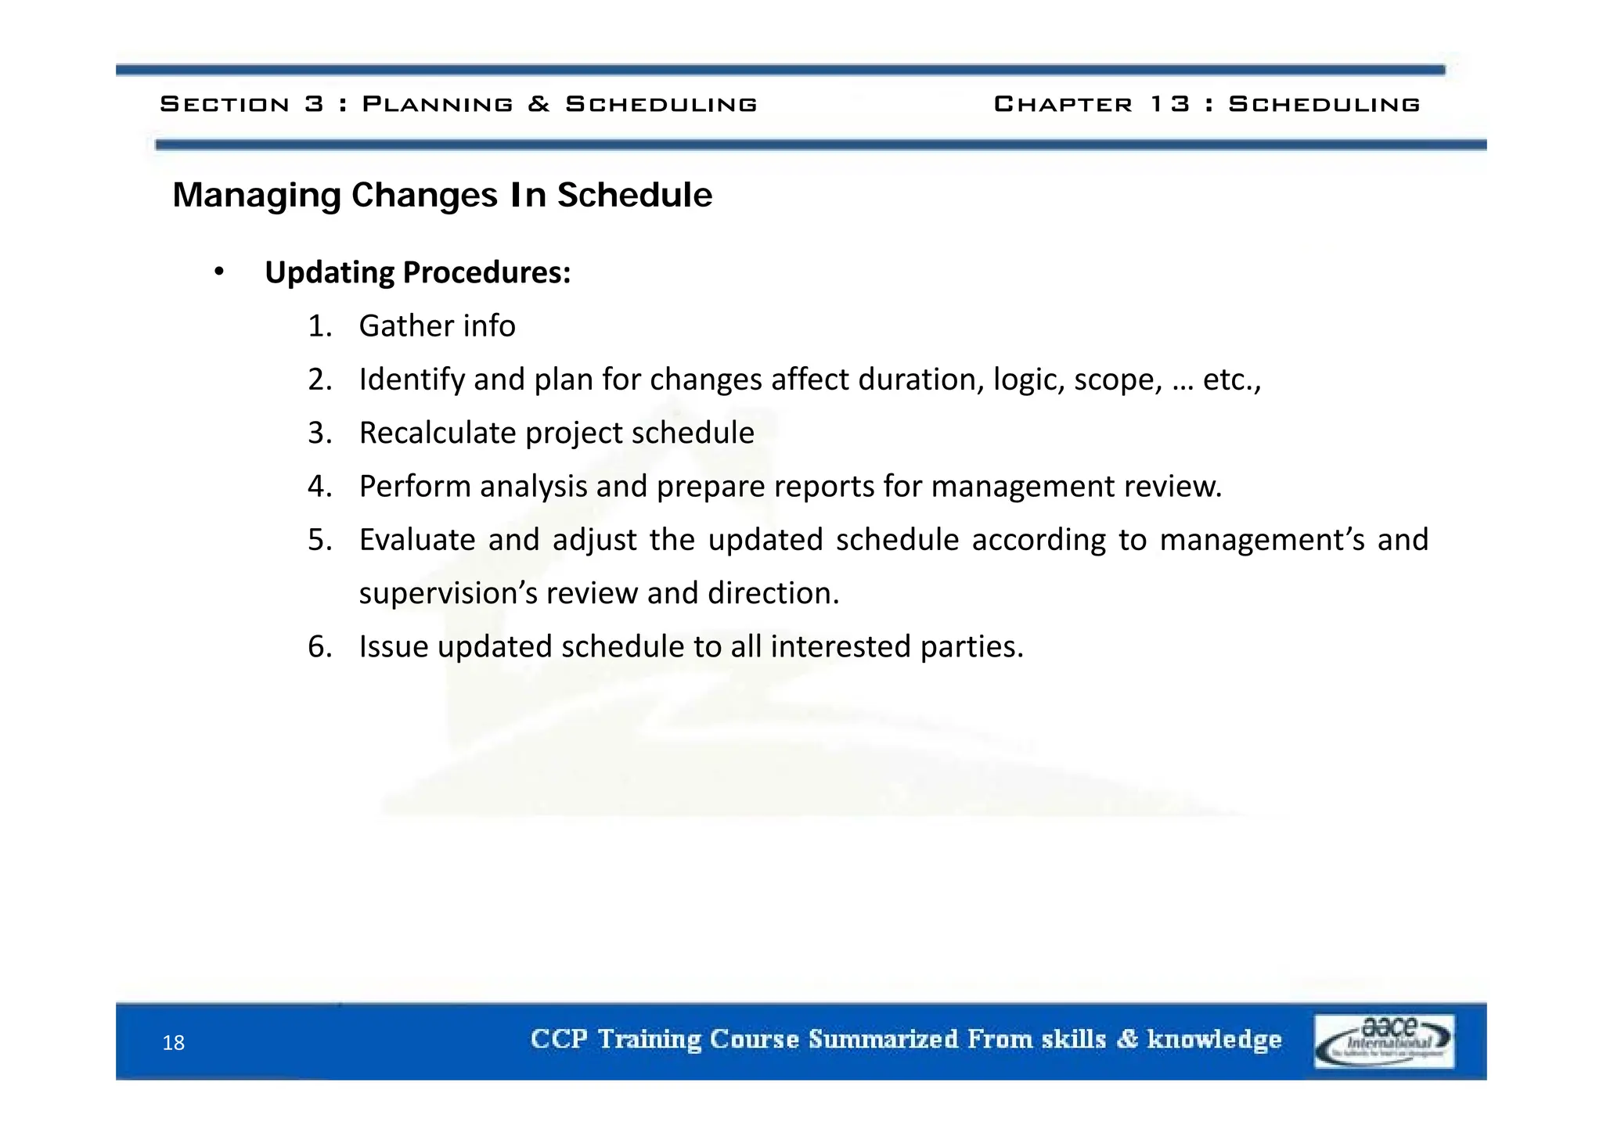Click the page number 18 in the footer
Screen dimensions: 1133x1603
tap(173, 1043)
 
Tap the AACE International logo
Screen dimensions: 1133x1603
tap(1384, 1041)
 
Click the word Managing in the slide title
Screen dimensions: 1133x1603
tap(256, 196)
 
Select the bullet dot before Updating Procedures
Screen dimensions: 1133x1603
tap(219, 272)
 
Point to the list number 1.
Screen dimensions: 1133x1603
tap(319, 326)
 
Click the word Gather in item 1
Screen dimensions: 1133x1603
tap(406, 326)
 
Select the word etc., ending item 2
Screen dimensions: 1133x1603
tap(1231, 380)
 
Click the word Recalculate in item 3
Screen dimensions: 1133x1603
tap(438, 433)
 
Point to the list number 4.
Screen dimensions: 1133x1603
tap(319, 487)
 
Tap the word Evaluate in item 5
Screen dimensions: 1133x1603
tap(416, 540)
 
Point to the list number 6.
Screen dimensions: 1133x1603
tap(319, 647)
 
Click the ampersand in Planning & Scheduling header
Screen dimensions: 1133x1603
tap(539, 104)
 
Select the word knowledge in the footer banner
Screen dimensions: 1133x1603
tap(1214, 1039)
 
